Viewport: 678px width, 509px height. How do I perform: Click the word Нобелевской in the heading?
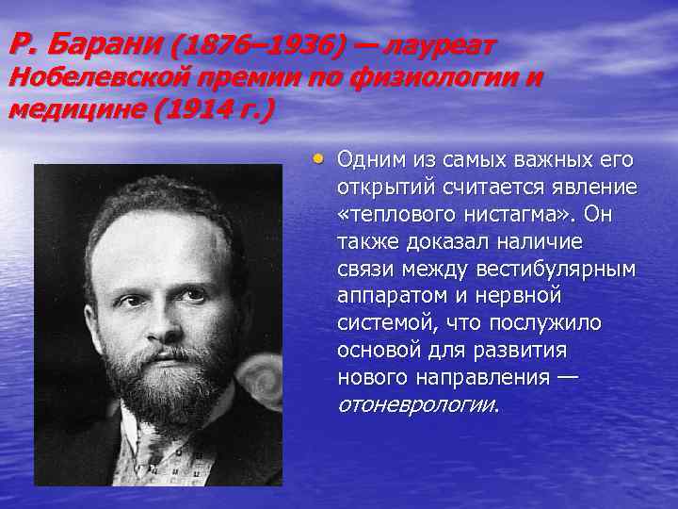tap(101, 78)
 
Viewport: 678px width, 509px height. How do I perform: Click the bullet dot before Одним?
tap(320, 158)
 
